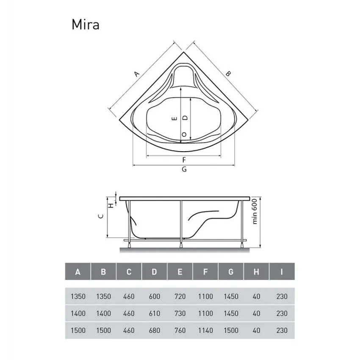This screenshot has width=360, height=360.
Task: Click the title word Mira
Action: (85, 25)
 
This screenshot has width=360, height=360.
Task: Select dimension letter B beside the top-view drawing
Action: (228, 73)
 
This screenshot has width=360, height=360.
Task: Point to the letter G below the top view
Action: (184, 169)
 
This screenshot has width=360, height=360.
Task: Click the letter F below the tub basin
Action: (184, 160)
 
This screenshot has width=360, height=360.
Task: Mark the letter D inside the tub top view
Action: (184, 119)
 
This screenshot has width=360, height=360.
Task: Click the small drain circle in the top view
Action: (184, 134)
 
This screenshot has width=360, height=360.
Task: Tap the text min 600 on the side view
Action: (255, 211)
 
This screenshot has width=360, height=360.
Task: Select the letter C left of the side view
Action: (100, 216)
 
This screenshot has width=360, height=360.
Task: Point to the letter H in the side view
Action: (111, 205)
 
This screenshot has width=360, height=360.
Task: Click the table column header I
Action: (282, 272)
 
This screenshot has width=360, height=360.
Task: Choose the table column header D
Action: (154, 272)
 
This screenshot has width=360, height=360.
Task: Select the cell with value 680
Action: (154, 330)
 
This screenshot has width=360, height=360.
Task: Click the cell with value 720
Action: (180, 296)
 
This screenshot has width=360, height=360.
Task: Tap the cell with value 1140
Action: (205, 330)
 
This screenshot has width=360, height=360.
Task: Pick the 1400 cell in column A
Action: (78, 313)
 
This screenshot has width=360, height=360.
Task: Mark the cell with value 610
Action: (154, 313)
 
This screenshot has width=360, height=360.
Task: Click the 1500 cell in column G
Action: (231, 330)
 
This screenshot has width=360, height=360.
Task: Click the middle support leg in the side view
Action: (181, 222)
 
